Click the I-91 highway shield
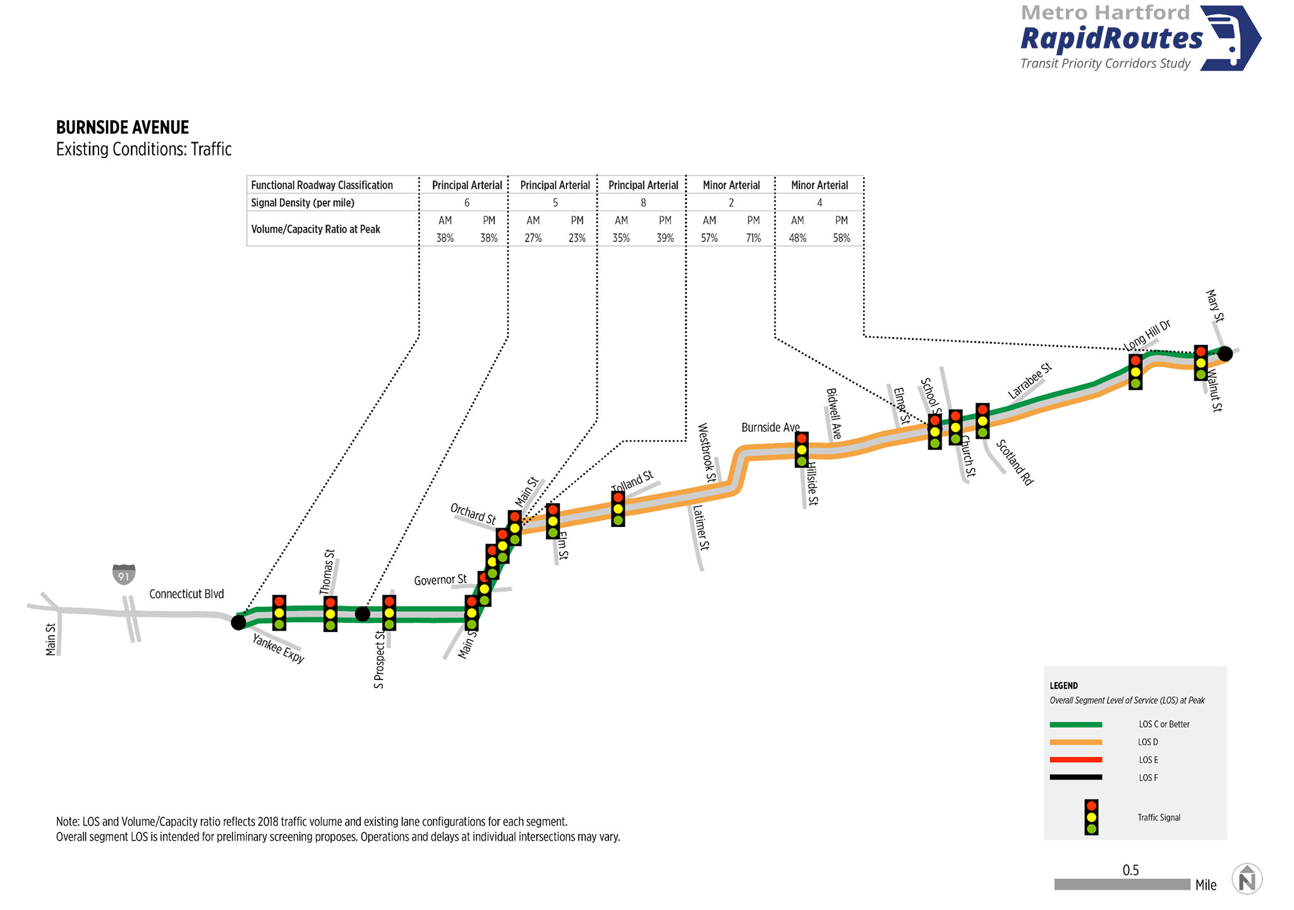[124, 574]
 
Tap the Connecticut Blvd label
[186, 594]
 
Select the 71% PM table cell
[753, 238]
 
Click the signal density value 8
[643, 203]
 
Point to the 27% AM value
[533, 238]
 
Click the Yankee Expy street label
[278, 648]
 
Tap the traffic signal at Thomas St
[330, 614]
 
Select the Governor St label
[440, 579]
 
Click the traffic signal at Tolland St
[618, 509]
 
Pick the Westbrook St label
[706, 453]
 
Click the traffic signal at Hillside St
[801, 449]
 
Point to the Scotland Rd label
[1015, 463]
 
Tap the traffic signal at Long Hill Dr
[1135, 372]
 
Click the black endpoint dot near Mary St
[1224, 353]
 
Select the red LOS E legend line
[1076, 760]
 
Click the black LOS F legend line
[1076, 777]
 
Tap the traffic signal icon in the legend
[1091, 817]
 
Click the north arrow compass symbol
[1247, 879]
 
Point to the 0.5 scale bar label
[1130, 870]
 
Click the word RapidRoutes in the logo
[1112, 39]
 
